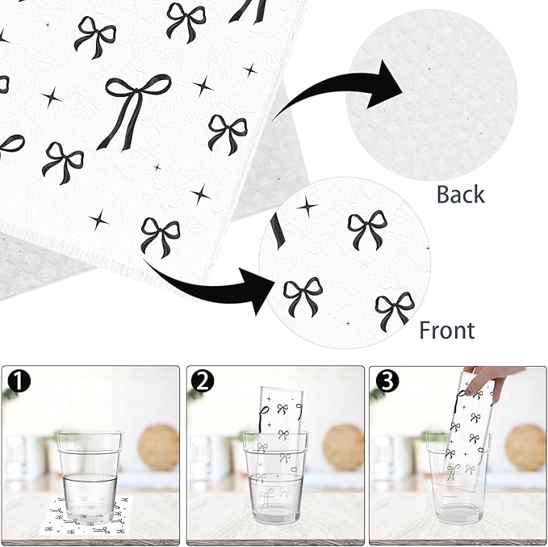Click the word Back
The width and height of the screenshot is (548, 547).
pos(460,194)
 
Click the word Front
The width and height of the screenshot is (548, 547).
pos(446,330)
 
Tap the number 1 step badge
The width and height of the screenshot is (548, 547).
pos(19,381)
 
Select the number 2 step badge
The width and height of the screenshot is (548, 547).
pos(203,381)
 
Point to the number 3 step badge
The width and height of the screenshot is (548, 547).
pos(387,381)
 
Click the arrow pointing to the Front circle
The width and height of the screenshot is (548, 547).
pos(210,287)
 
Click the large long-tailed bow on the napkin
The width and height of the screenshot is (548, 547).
pos(134,109)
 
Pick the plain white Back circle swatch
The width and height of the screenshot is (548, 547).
pos(431,95)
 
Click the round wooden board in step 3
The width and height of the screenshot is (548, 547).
pos(525,447)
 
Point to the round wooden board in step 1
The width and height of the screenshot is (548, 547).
pos(158,447)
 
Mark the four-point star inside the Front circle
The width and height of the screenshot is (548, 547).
pos(307,207)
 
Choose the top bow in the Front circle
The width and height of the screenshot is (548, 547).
pos(367,230)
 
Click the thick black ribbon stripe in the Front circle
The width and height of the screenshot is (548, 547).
pos(276,231)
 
